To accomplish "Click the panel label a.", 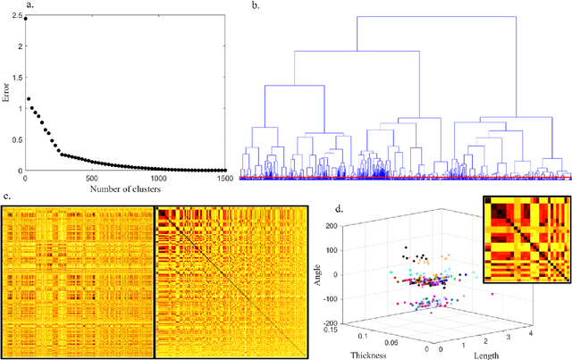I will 5,6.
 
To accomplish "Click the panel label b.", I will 256,6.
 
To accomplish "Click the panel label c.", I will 5,197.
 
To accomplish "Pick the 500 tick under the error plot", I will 93,178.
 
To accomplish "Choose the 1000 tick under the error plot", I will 158,178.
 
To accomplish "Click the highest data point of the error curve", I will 26,17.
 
